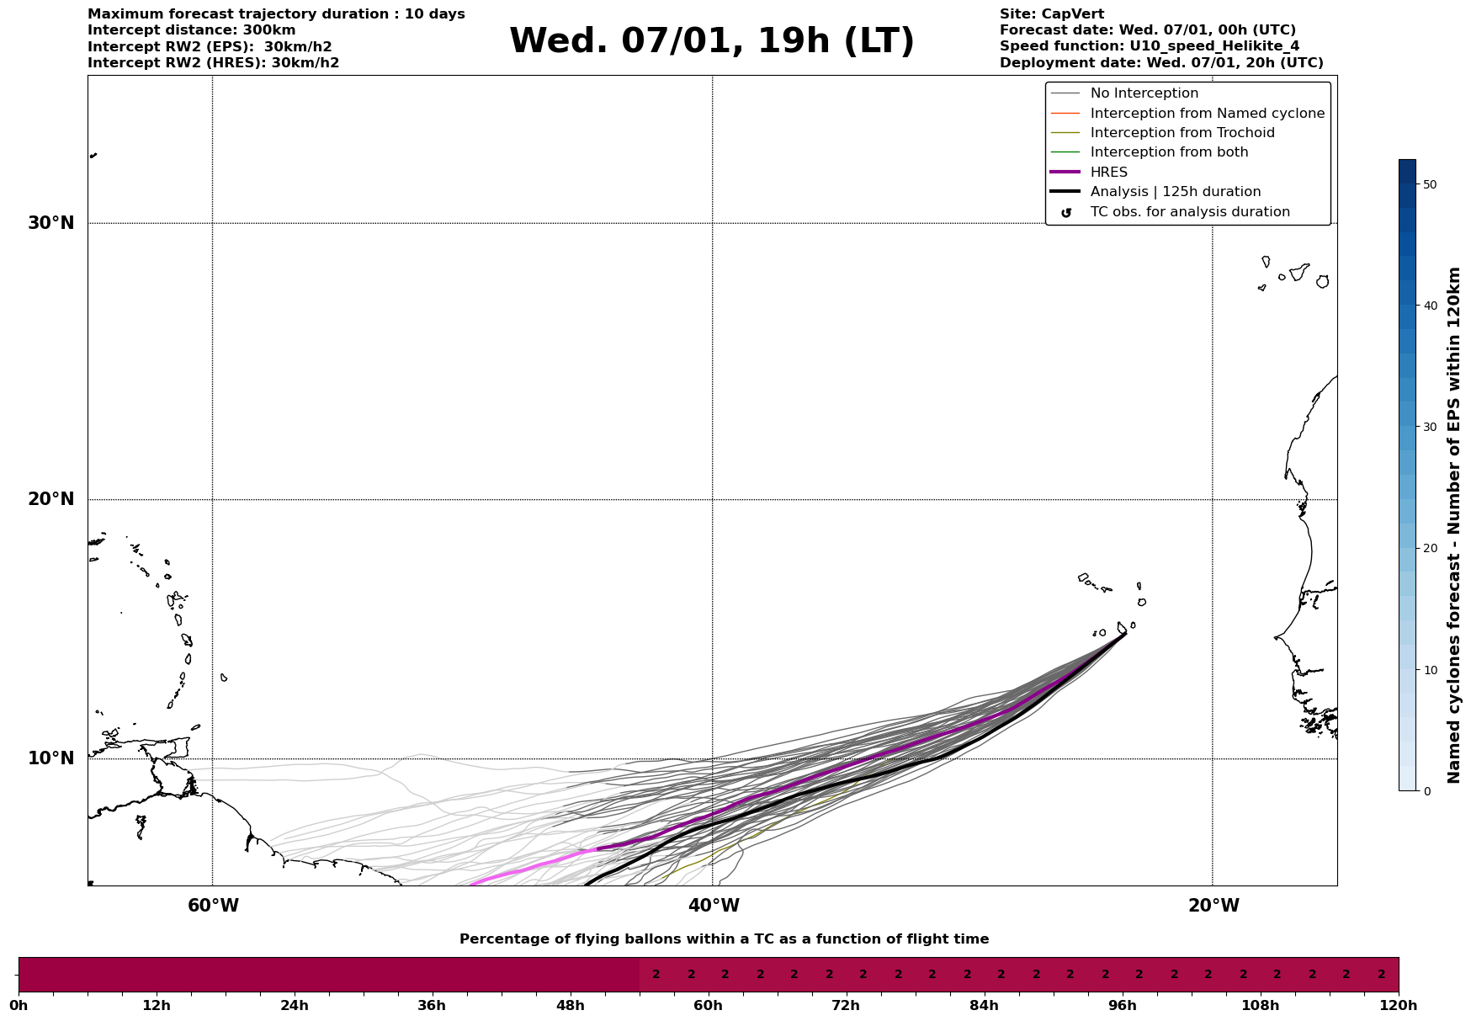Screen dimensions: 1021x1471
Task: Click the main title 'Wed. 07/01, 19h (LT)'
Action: tap(711, 42)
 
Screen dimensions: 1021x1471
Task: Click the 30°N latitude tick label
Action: tap(51, 223)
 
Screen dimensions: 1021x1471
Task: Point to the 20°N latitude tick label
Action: tap(51, 499)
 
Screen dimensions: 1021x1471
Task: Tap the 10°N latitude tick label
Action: tap(51, 758)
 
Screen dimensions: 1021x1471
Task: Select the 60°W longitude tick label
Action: tap(213, 906)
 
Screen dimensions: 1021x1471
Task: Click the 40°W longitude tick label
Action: tap(714, 906)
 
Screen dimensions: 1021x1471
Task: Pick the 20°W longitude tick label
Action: tap(1213, 906)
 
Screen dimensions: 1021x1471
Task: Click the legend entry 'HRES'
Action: tap(1108, 173)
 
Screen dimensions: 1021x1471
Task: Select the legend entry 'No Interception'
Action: tap(1144, 93)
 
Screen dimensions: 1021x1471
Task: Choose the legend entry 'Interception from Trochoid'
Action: tap(1182, 133)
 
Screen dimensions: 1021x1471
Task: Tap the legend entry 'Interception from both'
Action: tap(1169, 152)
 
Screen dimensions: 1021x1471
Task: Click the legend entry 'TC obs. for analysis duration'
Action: tap(1189, 212)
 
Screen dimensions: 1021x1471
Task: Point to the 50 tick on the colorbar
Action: tap(1429, 184)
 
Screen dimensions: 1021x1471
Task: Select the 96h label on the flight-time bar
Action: tap(1122, 1006)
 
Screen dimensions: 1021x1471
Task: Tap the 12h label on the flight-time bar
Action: tap(157, 1006)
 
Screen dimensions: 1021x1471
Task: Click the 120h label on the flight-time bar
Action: tap(1399, 1006)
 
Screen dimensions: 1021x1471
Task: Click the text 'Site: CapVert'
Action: tap(1051, 14)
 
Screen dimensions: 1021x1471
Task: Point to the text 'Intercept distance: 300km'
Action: tap(191, 30)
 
